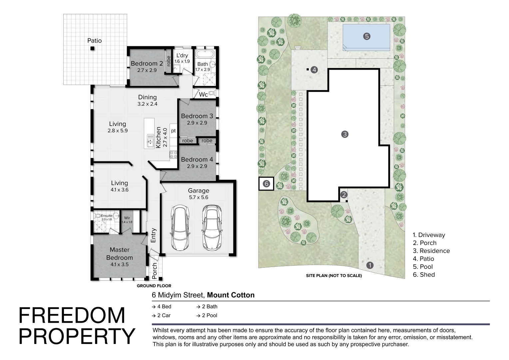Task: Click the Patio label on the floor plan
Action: pos(95,40)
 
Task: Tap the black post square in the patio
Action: pos(93,48)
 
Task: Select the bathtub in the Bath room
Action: pos(205,54)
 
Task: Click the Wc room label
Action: pos(203,94)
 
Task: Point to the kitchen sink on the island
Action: pos(150,141)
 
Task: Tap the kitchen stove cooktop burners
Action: pos(173,155)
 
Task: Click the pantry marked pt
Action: pos(173,131)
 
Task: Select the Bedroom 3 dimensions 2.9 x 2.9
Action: pos(197,123)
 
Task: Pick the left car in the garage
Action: pos(180,228)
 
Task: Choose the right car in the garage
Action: pos(212,228)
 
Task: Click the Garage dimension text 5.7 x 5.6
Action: pos(199,197)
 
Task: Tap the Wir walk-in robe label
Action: pos(127,218)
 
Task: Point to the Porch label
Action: pos(155,271)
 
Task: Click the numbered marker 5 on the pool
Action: pos(366,36)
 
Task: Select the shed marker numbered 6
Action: pos(266,184)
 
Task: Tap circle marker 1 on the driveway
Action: pos(370,265)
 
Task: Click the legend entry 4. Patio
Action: pos(423,259)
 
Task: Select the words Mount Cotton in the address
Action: pos(231,295)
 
